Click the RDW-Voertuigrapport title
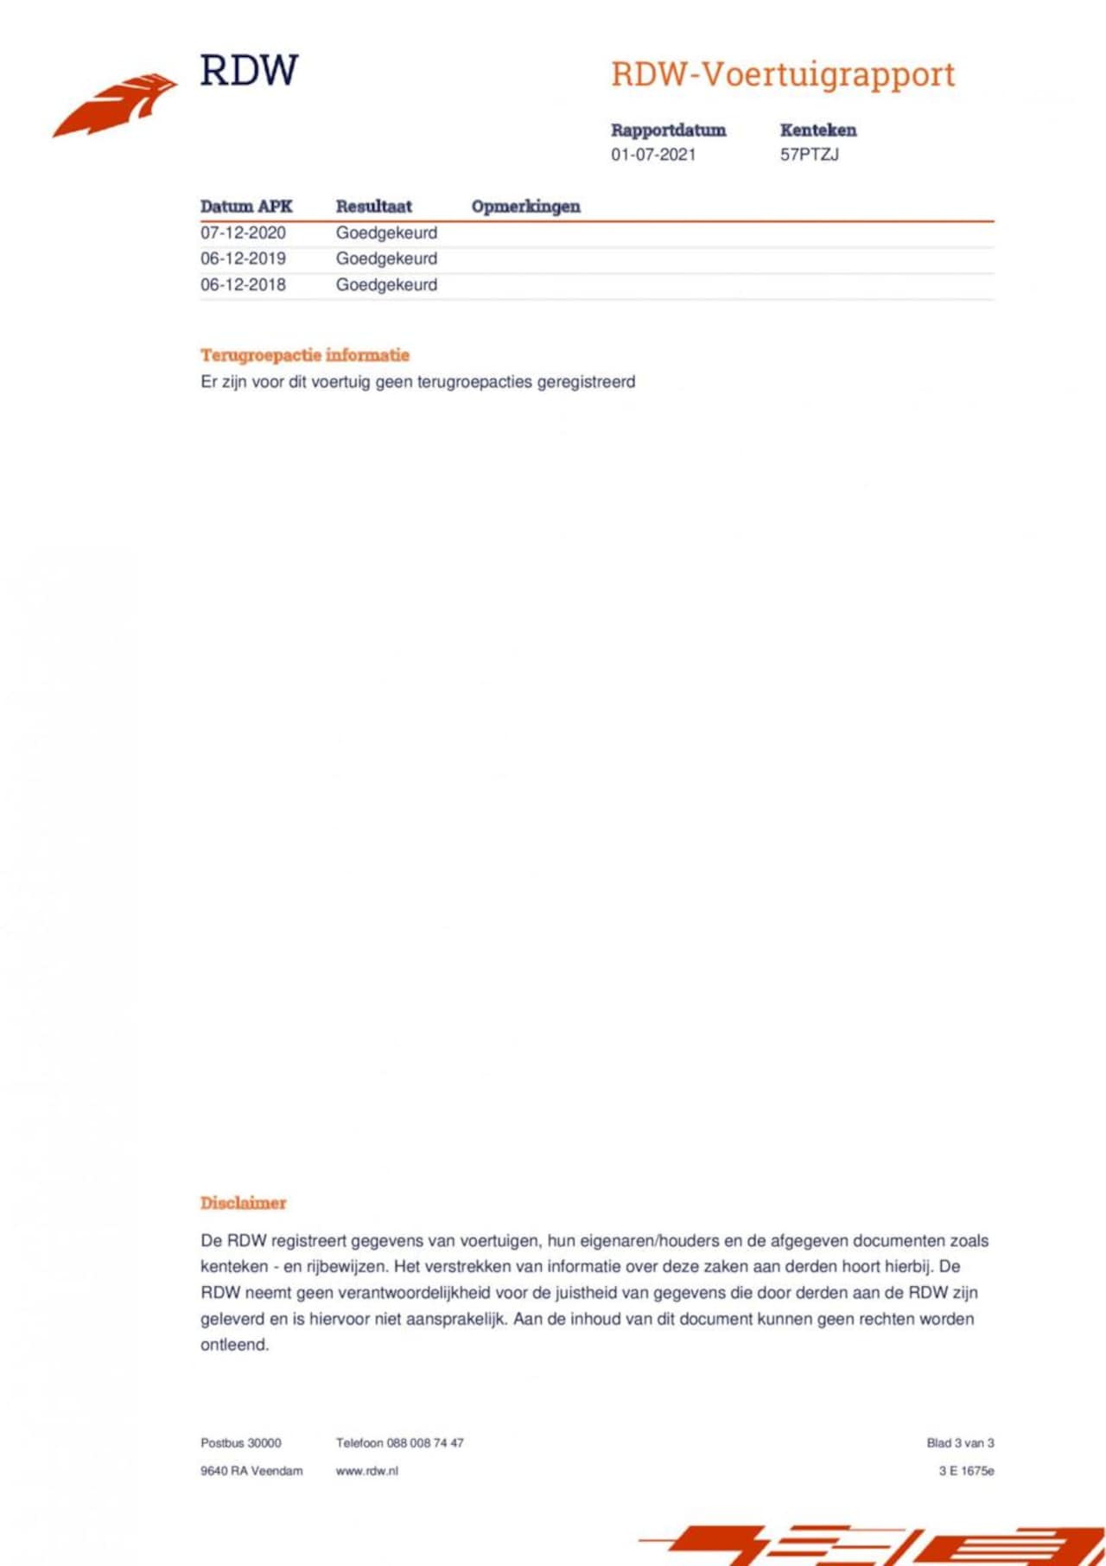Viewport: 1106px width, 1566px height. [x=783, y=74]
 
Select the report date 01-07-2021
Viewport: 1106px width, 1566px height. [x=653, y=155]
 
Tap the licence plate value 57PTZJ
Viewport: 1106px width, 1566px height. [x=809, y=155]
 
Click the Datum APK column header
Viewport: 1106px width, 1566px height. [x=246, y=207]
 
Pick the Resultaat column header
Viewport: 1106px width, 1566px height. [x=373, y=207]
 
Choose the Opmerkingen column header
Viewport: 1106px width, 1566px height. [x=525, y=207]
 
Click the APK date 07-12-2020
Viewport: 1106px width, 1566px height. [x=243, y=232]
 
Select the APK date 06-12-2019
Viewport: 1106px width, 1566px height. [x=243, y=258]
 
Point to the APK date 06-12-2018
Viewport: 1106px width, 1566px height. [x=243, y=284]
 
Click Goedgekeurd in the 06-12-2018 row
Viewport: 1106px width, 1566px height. [x=386, y=284]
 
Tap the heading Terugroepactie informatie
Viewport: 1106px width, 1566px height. [x=305, y=355]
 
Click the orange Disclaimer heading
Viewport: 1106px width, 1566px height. [x=243, y=1202]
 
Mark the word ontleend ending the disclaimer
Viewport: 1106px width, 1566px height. [x=234, y=1345]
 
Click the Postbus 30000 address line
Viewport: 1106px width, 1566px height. [x=241, y=1442]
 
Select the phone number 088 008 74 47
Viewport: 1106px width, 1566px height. [x=425, y=1442]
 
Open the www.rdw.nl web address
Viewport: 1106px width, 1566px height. [x=367, y=1470]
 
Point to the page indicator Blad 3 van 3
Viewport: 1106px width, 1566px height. [x=960, y=1442]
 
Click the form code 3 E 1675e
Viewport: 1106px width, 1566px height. [x=966, y=1470]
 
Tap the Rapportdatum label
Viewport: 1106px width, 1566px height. [x=668, y=130]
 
